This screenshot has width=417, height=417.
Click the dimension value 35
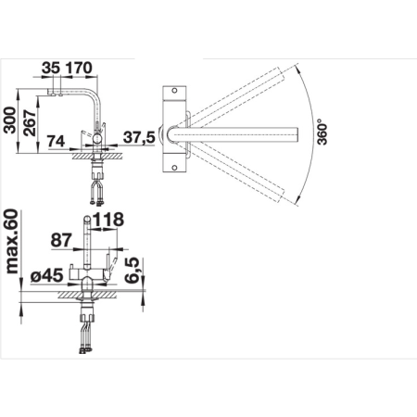51,68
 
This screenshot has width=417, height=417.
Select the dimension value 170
79,68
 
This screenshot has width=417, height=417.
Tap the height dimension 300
9,120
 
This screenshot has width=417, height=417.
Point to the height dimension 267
31,122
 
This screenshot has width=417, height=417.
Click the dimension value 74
56,142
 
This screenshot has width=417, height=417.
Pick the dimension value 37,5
139,137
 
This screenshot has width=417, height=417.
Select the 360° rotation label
322,133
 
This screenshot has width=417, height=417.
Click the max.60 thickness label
12,242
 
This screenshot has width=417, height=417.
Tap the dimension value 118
108,220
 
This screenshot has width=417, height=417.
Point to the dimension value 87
61,240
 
